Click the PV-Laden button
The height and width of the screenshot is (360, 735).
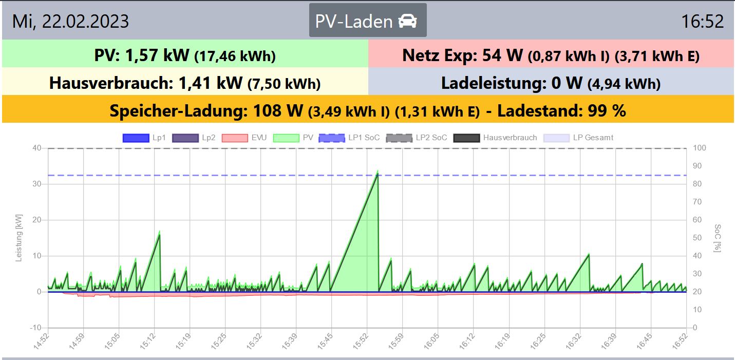click(x=368, y=21)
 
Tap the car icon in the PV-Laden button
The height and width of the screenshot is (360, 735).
click(x=407, y=21)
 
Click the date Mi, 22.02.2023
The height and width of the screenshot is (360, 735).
click(x=71, y=22)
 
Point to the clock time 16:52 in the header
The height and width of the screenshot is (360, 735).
click(x=702, y=22)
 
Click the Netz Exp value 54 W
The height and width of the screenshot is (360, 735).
click(x=503, y=55)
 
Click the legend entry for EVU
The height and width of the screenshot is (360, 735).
click(x=252, y=138)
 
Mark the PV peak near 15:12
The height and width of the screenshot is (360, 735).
click(x=159, y=233)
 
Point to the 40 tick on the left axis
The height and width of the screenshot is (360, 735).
click(x=36, y=148)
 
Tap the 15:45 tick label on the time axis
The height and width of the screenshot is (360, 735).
click(x=326, y=342)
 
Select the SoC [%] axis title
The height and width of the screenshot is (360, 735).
click(x=718, y=238)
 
